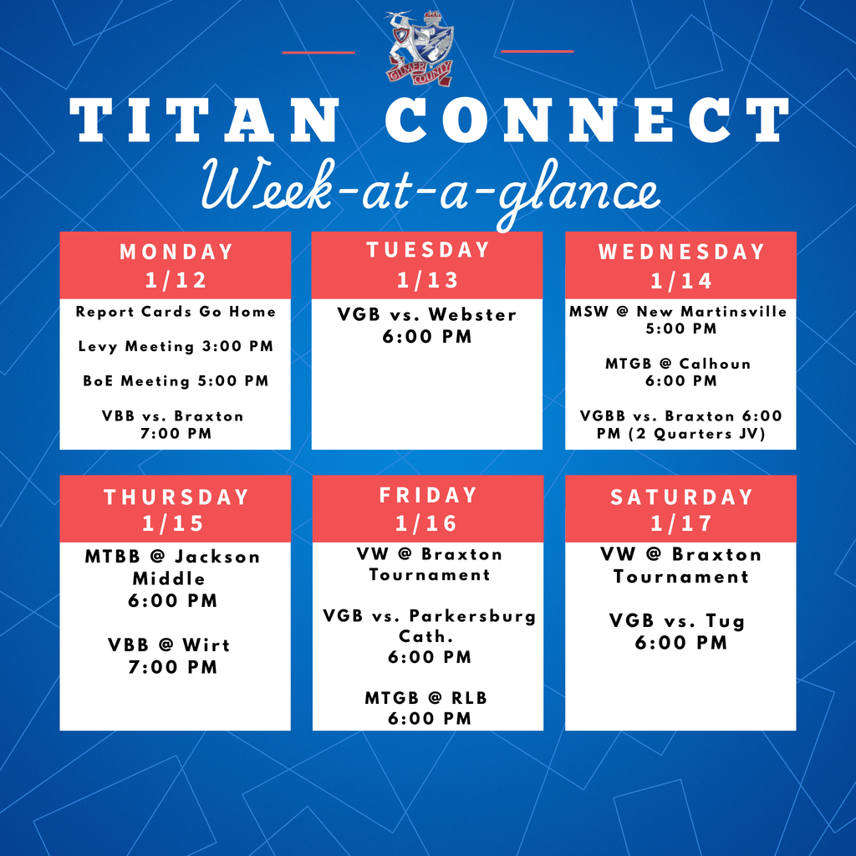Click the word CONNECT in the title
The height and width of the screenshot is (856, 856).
pyautogui.click(x=587, y=120)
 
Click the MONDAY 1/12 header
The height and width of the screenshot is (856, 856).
pyautogui.click(x=176, y=265)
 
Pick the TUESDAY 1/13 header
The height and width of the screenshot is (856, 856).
pyautogui.click(x=427, y=264)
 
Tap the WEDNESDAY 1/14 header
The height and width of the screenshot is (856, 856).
pyautogui.click(x=680, y=265)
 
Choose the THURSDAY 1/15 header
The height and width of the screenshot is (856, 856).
pyautogui.click(x=176, y=509)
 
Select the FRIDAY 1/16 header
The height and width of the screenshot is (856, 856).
pyautogui.click(x=427, y=508)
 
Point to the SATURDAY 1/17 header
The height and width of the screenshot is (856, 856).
pyautogui.click(x=680, y=509)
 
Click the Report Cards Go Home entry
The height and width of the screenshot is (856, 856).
pyautogui.click(x=176, y=312)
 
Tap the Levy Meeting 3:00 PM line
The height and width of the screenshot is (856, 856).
pyautogui.click(x=176, y=346)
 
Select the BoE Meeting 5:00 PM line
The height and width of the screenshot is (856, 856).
pyautogui.click(x=176, y=381)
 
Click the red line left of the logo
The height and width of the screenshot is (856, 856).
pyautogui.click(x=318, y=52)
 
